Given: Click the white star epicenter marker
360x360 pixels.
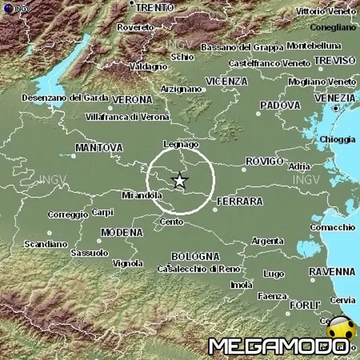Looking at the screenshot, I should (x=180, y=180).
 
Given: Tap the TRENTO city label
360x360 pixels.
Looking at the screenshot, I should (x=154, y=7).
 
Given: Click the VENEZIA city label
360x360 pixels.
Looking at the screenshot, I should (x=334, y=97).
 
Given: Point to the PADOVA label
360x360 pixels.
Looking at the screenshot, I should (x=280, y=105).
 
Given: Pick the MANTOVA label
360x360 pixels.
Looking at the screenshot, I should (x=99, y=148).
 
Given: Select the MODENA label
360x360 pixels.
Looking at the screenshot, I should (x=122, y=232).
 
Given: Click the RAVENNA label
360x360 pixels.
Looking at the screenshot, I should (x=332, y=271).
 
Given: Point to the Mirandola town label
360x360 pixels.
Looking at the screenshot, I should (x=142, y=195).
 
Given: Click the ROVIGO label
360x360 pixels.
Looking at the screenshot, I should (x=264, y=161).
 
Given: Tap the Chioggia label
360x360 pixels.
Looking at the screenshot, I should (x=337, y=139).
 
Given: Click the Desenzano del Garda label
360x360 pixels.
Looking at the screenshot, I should (x=64, y=98).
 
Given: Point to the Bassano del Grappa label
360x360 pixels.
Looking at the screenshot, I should (x=242, y=47).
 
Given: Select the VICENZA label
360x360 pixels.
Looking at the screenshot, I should (x=226, y=81).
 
